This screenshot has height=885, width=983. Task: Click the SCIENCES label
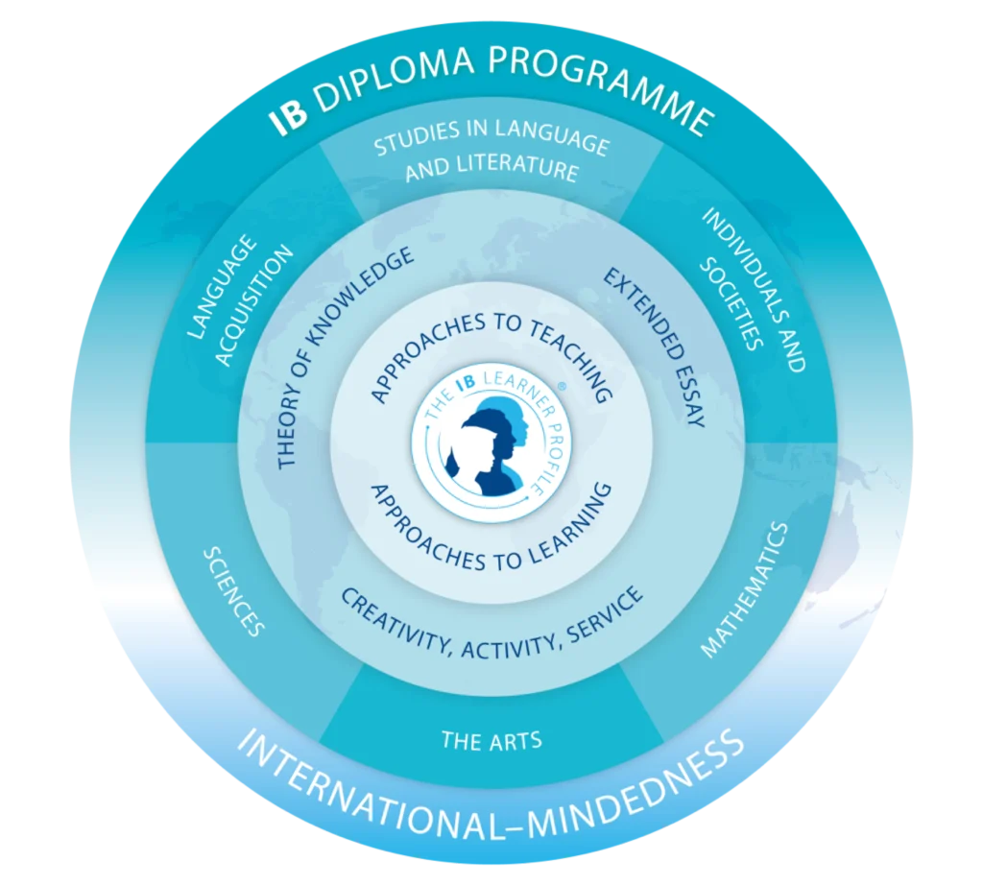click(231, 592)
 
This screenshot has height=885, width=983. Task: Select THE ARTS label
click(491, 740)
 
